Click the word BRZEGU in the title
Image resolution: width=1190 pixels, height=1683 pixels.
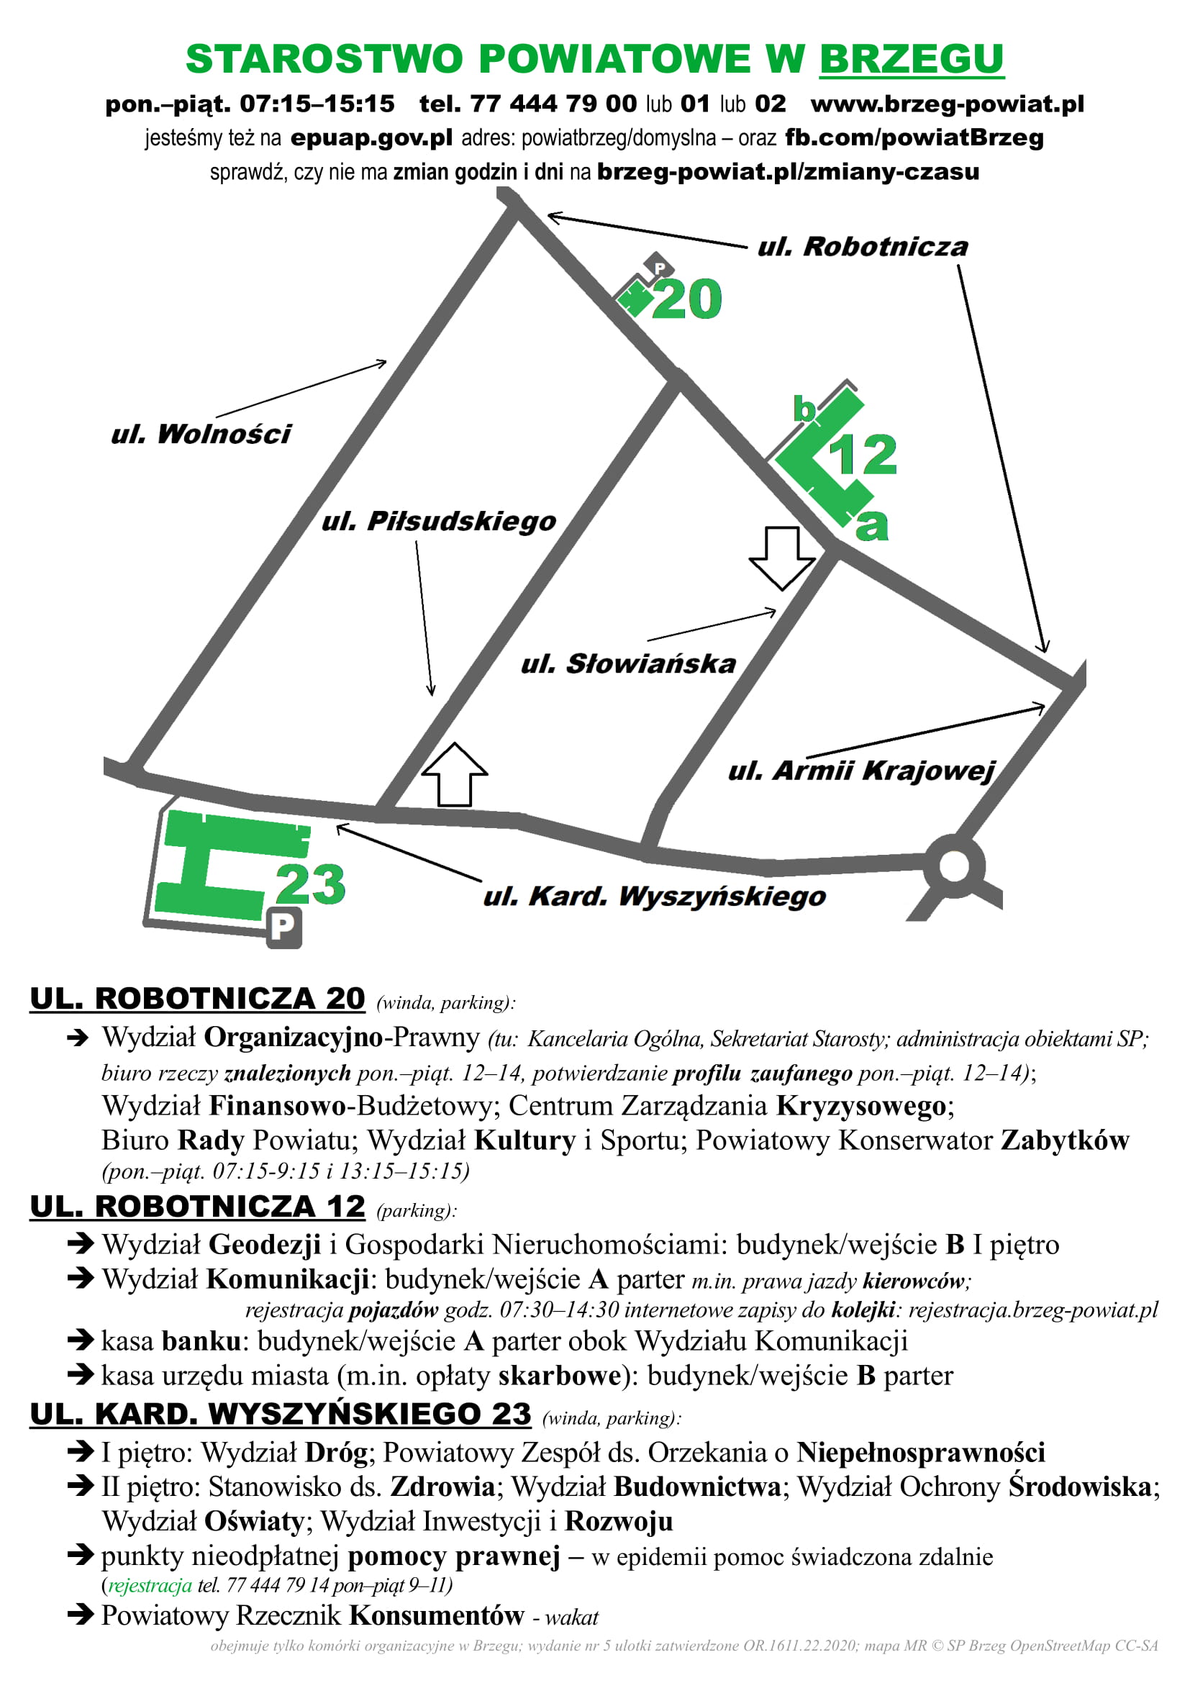[x=911, y=58]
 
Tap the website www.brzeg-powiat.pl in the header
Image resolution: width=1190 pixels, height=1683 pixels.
[x=947, y=104]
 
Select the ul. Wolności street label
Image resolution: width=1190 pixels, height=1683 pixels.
[x=201, y=434]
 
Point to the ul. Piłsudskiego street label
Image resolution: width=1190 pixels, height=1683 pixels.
[x=439, y=521]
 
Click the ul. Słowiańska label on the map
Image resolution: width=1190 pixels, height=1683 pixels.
[x=628, y=663]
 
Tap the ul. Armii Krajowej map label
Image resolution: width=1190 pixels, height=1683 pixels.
[x=861, y=771]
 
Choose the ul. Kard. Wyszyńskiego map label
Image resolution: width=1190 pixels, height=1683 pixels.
[x=654, y=897]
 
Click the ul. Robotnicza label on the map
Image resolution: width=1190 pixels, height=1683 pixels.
[x=863, y=247]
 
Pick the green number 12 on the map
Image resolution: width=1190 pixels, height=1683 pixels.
[x=863, y=455]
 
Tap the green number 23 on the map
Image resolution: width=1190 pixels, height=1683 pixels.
[x=310, y=884]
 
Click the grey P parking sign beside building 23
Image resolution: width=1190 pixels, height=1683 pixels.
[x=283, y=927]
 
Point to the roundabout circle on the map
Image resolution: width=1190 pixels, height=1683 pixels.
[x=954, y=866]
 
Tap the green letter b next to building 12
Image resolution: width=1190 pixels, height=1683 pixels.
[x=804, y=409]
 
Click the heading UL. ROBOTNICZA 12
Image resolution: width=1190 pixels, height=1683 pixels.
[x=197, y=1207]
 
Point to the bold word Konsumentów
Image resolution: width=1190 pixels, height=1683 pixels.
[x=437, y=1615]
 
